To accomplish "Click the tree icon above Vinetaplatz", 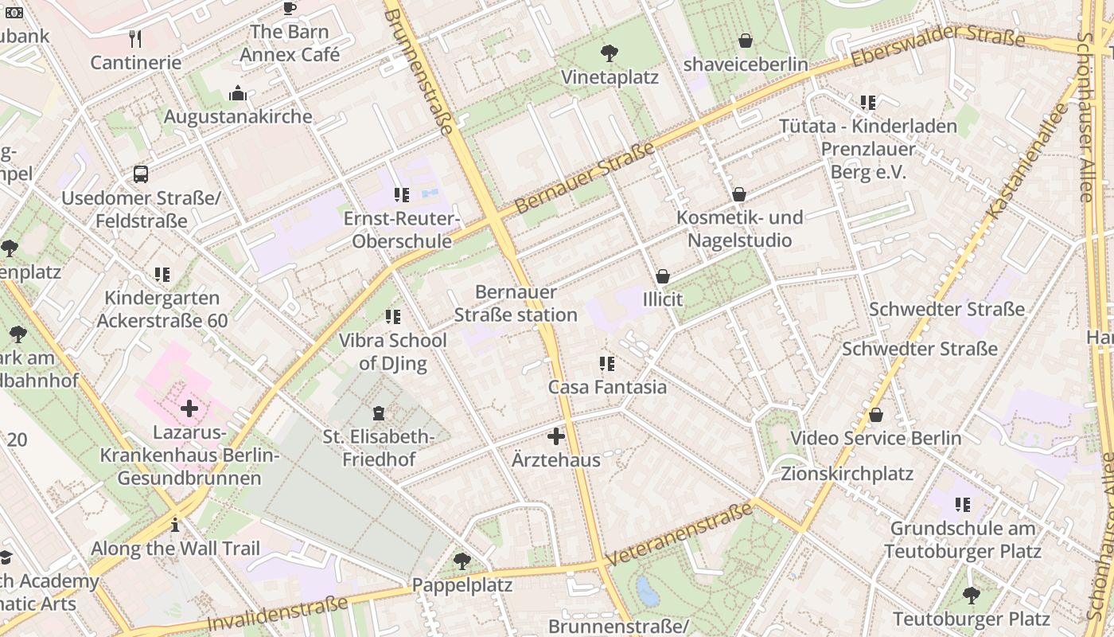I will coord(610,53).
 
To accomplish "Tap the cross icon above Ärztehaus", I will coord(556,436).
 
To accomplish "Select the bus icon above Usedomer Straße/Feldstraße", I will coord(141,174).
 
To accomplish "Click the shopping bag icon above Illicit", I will coord(662,276).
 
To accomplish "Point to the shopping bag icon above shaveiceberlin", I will coord(746,41).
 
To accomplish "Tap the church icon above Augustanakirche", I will coord(237,94).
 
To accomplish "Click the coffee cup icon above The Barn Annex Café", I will coord(290,9).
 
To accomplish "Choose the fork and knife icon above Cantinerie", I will coord(135,39).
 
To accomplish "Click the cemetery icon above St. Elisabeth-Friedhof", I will coord(379,413).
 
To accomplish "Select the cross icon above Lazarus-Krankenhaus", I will coord(189,409).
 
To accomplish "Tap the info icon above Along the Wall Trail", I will coord(175,525).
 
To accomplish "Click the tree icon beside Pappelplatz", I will coord(462,561).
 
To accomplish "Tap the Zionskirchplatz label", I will coord(847,474).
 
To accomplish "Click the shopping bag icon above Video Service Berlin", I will coord(876,415).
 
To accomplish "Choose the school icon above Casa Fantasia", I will coord(607,364).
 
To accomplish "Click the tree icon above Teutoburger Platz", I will coord(971,595).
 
